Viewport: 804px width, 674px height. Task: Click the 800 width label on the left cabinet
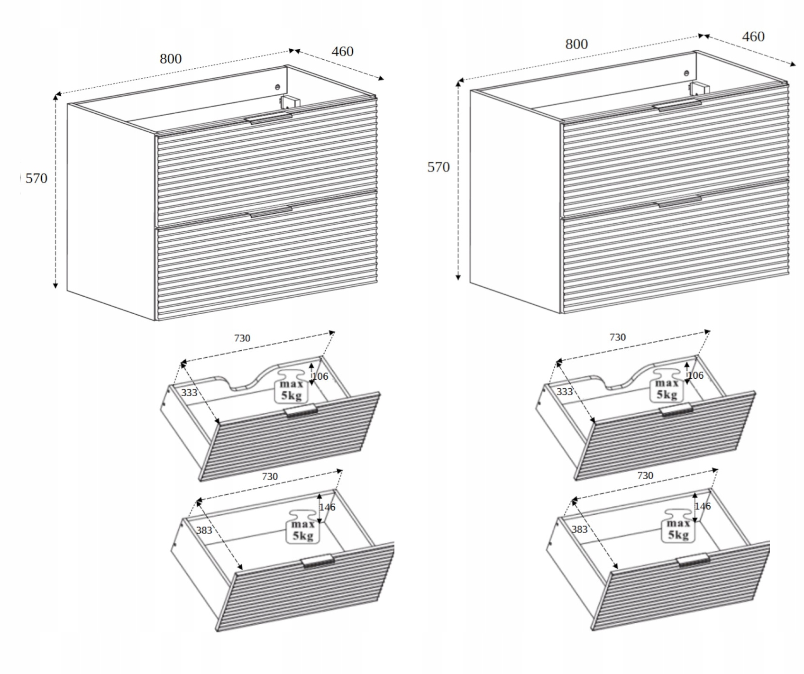point(171,59)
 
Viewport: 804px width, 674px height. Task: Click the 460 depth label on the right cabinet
point(753,36)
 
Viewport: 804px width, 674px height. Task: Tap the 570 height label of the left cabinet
point(37,178)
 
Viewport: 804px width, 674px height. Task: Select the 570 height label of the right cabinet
point(439,167)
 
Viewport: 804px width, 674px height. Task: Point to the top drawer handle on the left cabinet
point(268,118)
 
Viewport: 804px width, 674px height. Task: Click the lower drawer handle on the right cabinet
point(679,201)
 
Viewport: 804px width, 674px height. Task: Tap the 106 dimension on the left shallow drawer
point(320,376)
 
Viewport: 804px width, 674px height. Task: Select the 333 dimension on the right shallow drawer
point(565,392)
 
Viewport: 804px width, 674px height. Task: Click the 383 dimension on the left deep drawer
point(204,530)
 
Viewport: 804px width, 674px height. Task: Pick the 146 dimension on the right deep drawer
point(703,506)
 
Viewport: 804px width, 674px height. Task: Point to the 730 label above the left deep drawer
point(270,476)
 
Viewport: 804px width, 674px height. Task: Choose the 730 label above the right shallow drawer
point(617,337)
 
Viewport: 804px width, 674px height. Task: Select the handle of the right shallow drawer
point(676,410)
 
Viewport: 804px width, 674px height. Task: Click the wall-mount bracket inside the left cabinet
point(289,102)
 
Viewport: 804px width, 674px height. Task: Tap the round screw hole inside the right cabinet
point(686,73)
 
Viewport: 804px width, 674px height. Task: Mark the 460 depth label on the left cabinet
point(342,51)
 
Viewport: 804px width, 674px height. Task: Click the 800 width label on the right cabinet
point(576,44)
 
